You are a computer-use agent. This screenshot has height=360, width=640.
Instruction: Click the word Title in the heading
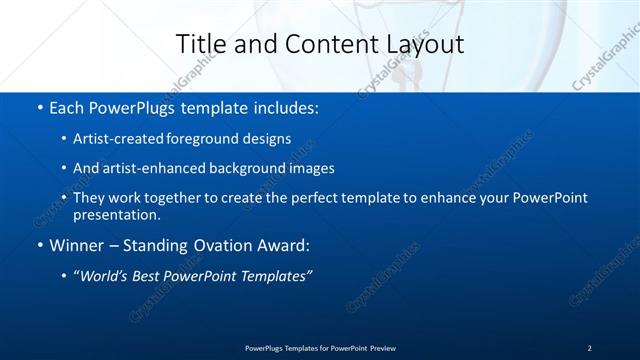[x=199, y=44]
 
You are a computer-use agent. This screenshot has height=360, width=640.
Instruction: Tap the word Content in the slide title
[x=320, y=44]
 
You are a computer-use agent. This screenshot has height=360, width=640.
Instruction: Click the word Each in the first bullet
[x=66, y=106]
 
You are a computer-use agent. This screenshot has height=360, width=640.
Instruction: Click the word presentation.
[x=116, y=214]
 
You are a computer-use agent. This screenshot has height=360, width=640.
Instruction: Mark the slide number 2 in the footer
[x=589, y=347]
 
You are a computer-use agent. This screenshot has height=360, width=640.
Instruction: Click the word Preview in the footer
[x=381, y=347]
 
